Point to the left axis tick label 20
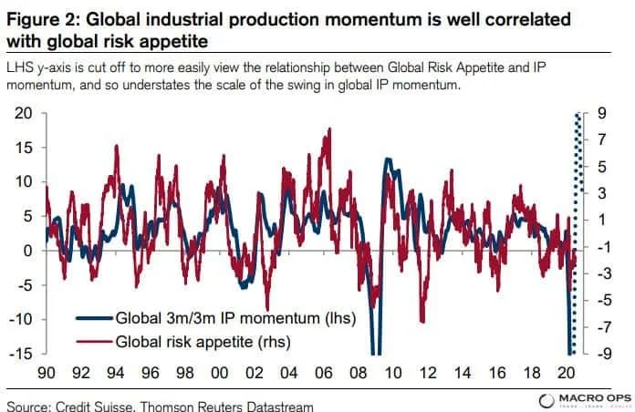pos(23,113)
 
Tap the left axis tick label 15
pos(23,148)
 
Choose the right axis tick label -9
pos(605,354)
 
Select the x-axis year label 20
pos(566,374)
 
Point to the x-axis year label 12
pos(427,374)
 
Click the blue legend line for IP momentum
pos(93,319)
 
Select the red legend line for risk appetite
pos(93,343)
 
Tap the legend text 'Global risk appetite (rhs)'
pos(204,343)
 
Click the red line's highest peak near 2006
pos(328,130)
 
